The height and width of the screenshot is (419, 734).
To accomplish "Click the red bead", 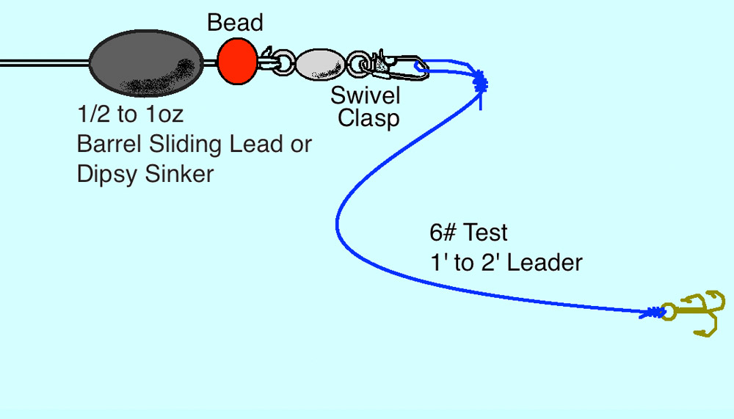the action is [x=237, y=62].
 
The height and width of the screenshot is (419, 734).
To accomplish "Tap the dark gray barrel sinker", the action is [x=146, y=63].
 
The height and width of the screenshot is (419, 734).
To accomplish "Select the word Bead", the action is [x=235, y=23].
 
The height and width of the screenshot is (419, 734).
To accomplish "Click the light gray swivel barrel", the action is [x=321, y=64].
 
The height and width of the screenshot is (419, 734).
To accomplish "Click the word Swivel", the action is [x=365, y=95].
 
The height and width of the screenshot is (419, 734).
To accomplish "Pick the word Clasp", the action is [x=368, y=118].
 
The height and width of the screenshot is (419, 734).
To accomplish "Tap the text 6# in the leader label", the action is [x=443, y=232].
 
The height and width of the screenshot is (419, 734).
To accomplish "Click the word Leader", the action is [x=545, y=263].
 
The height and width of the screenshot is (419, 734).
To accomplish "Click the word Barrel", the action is [x=109, y=144].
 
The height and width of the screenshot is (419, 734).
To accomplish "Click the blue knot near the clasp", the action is [x=480, y=84].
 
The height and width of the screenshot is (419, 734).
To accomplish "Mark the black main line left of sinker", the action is [x=45, y=63].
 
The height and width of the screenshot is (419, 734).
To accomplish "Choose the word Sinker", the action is [x=179, y=174].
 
